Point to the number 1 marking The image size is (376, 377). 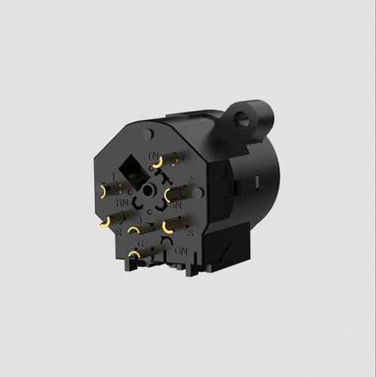112,176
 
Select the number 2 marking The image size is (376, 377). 190,179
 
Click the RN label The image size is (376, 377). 121,203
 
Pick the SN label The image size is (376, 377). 175,204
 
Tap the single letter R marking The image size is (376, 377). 119,232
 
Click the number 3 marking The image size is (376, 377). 140,221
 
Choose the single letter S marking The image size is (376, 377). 190,233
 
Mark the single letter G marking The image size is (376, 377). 140,244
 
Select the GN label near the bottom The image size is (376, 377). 180,250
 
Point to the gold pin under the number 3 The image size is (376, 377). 138,229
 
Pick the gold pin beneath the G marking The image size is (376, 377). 136,256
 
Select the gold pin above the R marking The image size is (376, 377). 108,220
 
